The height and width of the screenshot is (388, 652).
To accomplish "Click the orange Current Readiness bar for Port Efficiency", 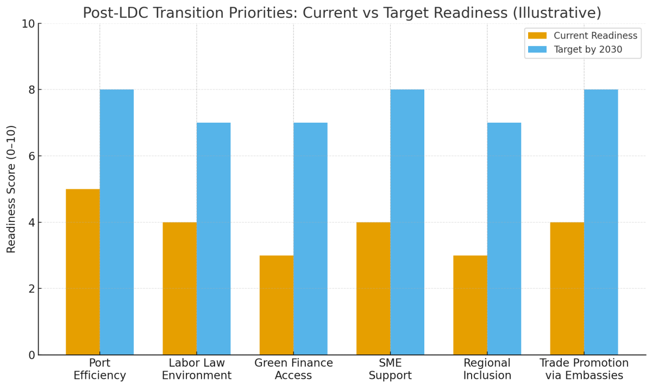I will pos(83,271).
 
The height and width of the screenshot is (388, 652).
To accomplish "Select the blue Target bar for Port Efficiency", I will pos(116,222).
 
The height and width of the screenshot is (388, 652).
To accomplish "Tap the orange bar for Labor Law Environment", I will pos(179,288).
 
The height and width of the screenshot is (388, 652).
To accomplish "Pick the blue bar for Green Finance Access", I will pos(310,239).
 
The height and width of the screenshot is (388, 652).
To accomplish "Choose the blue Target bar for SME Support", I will pos(407,222).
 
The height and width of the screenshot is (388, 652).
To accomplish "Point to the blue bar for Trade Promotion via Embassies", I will pos(601,222).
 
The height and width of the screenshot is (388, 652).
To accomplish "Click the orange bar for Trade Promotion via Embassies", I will pos(567,288).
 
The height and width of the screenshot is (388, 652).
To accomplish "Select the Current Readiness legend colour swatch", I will pos(537,36).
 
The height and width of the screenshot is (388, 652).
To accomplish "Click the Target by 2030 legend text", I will pos(588,50).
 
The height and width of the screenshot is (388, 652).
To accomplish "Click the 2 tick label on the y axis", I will pos(31,289).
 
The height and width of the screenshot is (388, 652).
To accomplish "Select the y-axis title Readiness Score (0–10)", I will pos(11,189).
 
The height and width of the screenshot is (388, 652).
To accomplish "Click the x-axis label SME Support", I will pos(390,370).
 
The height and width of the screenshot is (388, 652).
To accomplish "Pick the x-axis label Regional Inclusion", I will pos(487,370).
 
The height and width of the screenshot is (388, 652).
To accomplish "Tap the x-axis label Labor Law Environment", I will pos(197,370).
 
